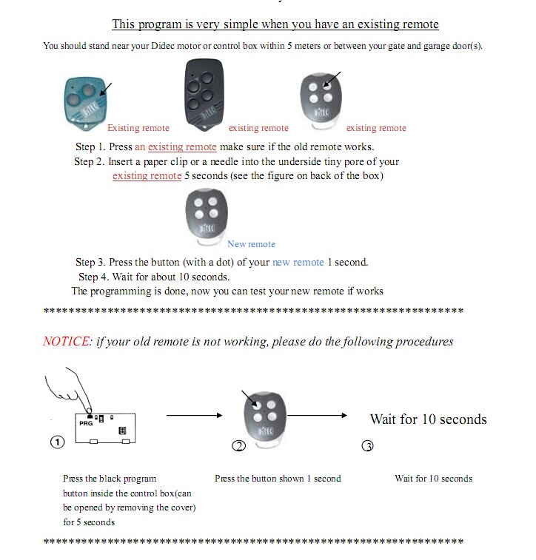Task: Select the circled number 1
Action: tap(57, 442)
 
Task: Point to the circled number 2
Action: tap(238, 445)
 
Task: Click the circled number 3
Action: tap(367, 445)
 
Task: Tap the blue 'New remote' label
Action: tap(251, 244)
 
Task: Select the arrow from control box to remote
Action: tap(194, 415)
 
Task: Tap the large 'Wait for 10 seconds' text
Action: tap(428, 419)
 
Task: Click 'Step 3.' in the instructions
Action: tap(91, 262)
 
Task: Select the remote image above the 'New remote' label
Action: tap(207, 215)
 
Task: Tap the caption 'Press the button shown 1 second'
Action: tap(278, 479)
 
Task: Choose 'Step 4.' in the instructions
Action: tap(94, 277)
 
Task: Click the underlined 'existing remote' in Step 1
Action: tap(182, 146)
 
